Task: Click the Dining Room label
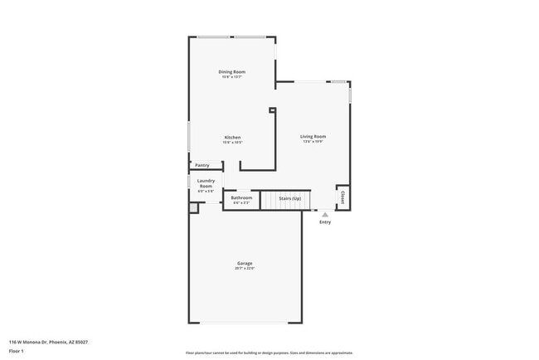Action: (x=232, y=72)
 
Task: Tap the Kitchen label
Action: (x=233, y=137)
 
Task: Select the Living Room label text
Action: (x=313, y=136)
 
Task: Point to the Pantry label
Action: (x=202, y=165)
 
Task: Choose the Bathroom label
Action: (x=241, y=197)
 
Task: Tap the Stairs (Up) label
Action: (x=289, y=198)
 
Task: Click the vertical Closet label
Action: (x=342, y=197)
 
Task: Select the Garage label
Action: (x=245, y=264)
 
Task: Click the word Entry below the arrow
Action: (x=325, y=221)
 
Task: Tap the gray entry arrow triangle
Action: (x=325, y=213)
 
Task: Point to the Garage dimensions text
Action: (x=245, y=269)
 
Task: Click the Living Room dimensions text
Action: (x=313, y=142)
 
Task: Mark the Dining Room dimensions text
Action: (x=232, y=77)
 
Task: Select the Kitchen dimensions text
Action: (x=233, y=142)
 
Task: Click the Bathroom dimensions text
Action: (x=241, y=202)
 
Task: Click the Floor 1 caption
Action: (x=17, y=350)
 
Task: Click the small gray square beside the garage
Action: (x=193, y=208)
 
